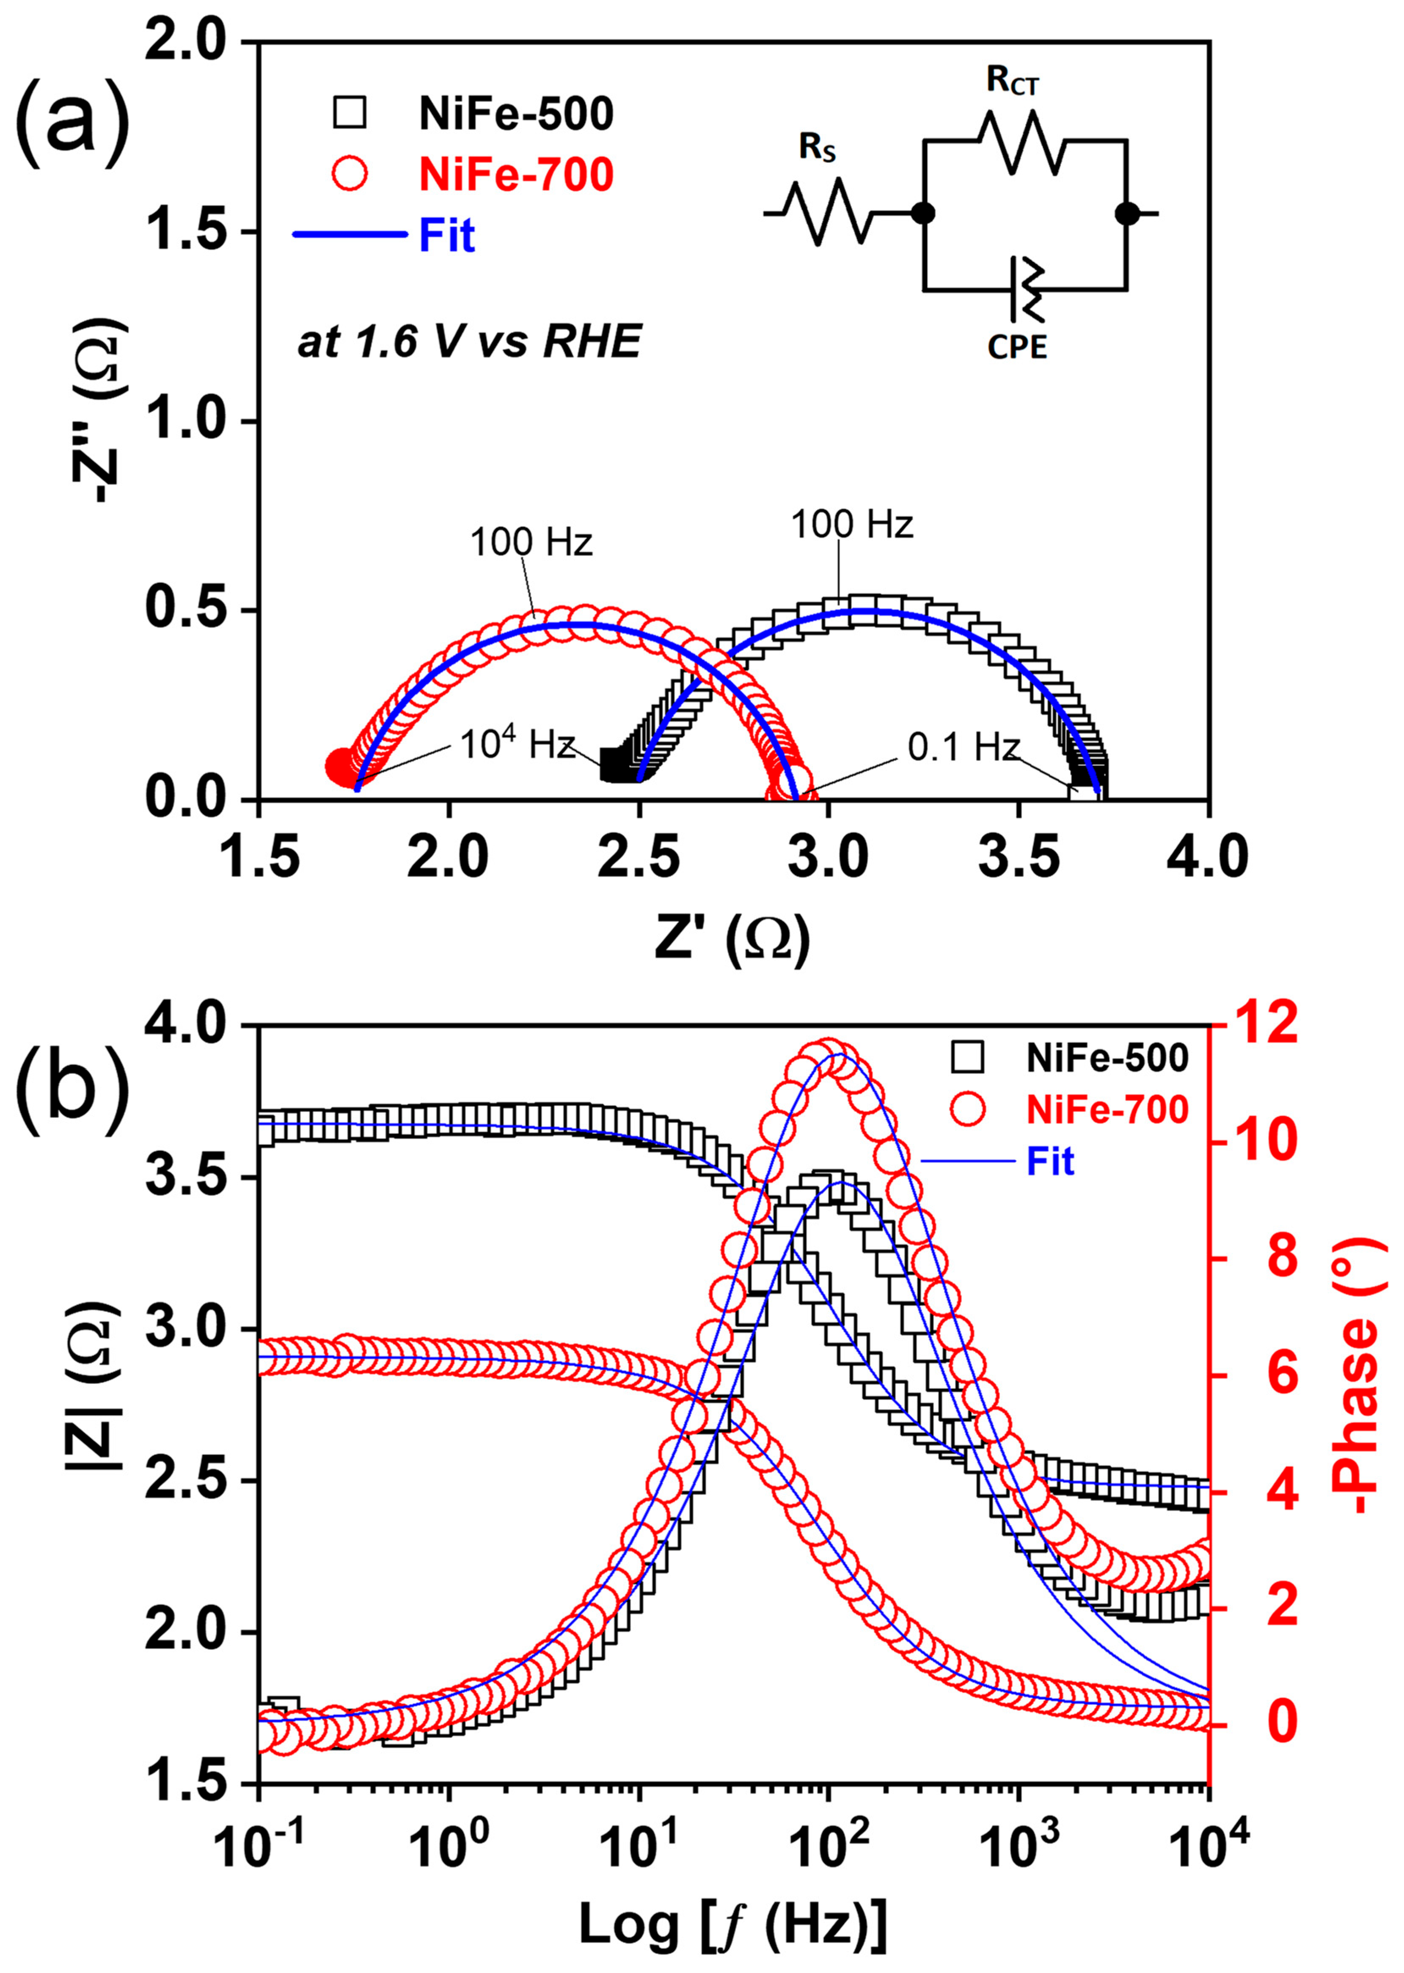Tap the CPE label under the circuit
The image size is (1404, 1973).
tap(1017, 347)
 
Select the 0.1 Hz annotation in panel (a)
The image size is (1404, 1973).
tap(963, 746)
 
